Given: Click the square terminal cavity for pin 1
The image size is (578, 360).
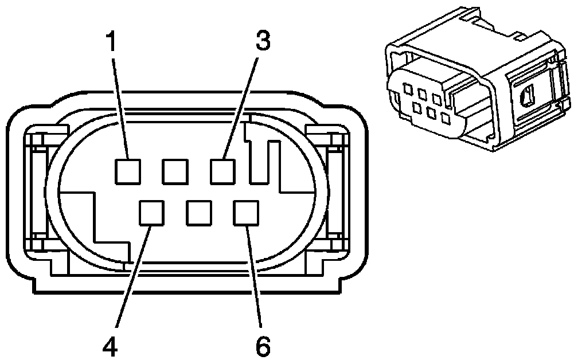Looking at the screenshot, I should tap(127, 171).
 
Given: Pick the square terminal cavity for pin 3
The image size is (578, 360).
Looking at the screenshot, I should tap(223, 171).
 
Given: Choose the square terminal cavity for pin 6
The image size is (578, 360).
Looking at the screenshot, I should tap(246, 213).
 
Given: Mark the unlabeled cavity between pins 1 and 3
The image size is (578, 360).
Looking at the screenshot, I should tap(175, 171).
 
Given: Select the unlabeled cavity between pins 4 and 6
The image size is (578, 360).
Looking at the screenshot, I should tap(199, 213).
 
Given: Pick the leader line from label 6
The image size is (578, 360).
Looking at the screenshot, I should tap(254, 275).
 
